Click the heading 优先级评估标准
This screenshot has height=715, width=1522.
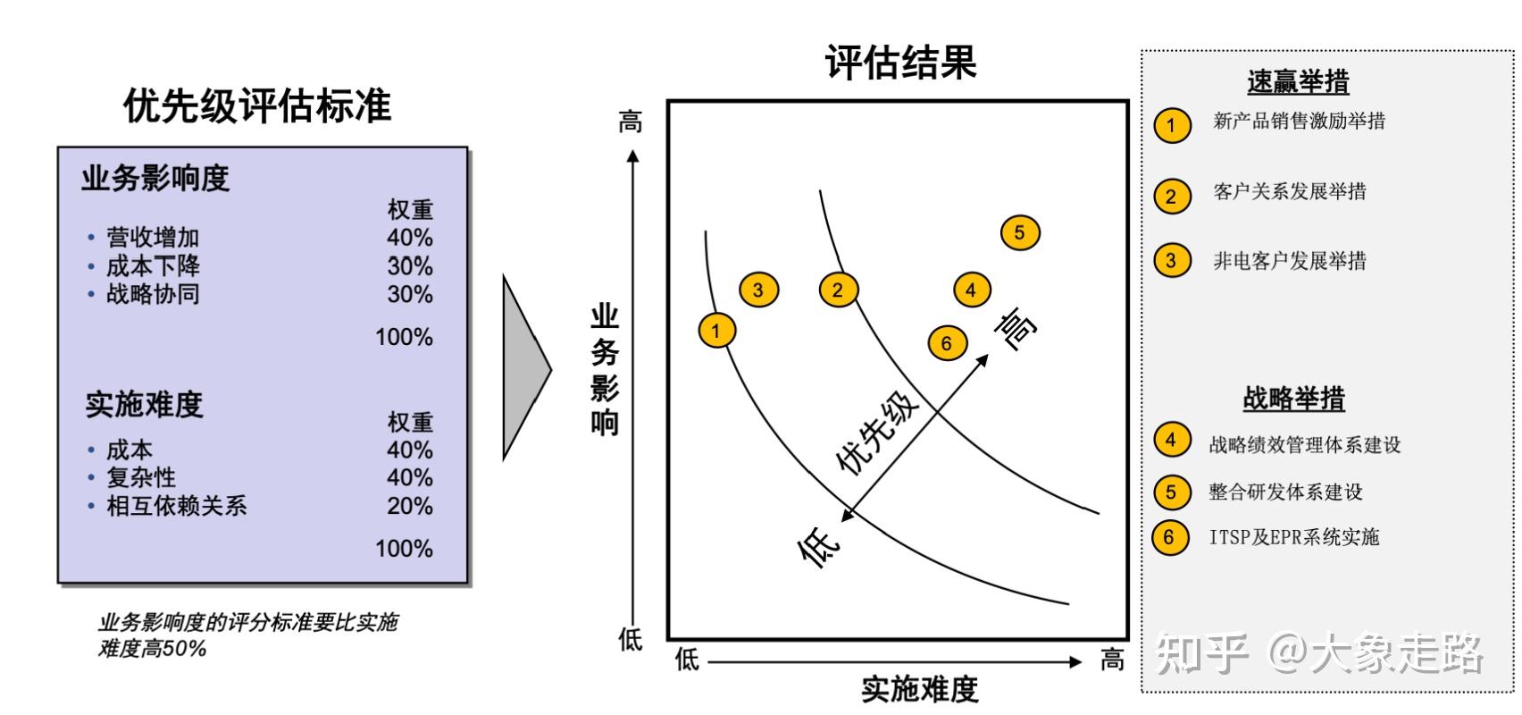click(257, 106)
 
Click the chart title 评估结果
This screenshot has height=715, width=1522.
click(900, 63)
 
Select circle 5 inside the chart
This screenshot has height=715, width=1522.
click(1020, 233)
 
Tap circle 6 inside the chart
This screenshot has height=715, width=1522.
click(947, 343)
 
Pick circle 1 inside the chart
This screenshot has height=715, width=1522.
click(716, 331)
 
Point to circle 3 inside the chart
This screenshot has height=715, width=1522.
click(758, 289)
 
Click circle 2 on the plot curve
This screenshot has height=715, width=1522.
click(838, 289)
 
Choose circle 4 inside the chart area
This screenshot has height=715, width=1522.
click(971, 289)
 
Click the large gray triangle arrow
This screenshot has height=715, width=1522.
click(525, 367)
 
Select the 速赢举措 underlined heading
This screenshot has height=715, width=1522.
click(1298, 82)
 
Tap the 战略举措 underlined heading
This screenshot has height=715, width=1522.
click(1293, 399)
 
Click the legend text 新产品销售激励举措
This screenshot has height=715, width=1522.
click(1299, 122)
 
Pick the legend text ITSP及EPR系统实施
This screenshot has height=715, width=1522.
click(1294, 537)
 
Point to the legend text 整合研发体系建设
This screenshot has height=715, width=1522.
click(1285, 492)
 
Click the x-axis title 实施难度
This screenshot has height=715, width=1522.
click(919, 689)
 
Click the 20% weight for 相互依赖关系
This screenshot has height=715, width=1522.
click(409, 506)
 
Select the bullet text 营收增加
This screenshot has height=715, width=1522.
click(153, 238)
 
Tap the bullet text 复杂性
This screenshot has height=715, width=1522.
click(141, 477)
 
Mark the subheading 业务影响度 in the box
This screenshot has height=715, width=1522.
click(155, 179)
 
